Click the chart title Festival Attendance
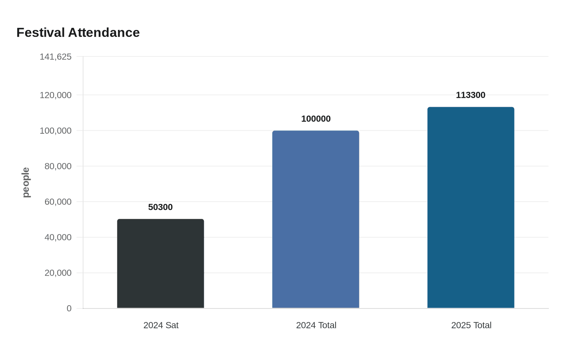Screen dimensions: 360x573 click(78, 32)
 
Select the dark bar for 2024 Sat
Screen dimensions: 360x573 click(160, 263)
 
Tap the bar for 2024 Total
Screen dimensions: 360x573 click(316, 219)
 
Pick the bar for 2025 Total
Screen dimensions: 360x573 click(471, 207)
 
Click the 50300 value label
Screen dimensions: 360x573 click(160, 207)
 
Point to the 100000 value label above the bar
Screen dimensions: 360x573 click(316, 119)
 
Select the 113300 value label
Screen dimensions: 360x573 click(471, 95)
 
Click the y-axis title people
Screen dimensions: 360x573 click(26, 182)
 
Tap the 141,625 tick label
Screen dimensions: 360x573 click(56, 57)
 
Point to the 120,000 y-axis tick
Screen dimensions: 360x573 click(56, 95)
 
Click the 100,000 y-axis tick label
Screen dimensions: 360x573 click(56, 131)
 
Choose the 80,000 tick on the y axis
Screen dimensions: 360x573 click(58, 166)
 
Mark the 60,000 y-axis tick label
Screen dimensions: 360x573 click(58, 202)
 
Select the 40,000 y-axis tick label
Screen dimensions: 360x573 click(58, 237)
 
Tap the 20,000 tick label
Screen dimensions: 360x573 click(58, 273)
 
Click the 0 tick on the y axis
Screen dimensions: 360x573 click(69, 308)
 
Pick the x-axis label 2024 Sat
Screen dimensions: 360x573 click(161, 325)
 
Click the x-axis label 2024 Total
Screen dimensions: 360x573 click(316, 325)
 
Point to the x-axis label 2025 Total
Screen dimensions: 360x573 click(471, 325)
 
